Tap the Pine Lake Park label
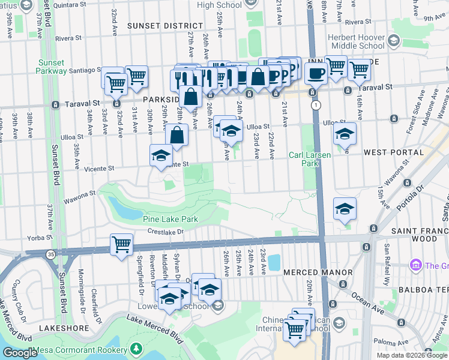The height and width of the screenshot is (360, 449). click(x=170, y=220)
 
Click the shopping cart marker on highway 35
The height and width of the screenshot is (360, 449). click(x=121, y=245)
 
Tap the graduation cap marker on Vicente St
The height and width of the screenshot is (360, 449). click(x=161, y=155)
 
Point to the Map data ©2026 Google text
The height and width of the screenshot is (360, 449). click(x=412, y=355)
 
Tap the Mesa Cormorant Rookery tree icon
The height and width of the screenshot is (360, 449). click(x=137, y=347)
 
